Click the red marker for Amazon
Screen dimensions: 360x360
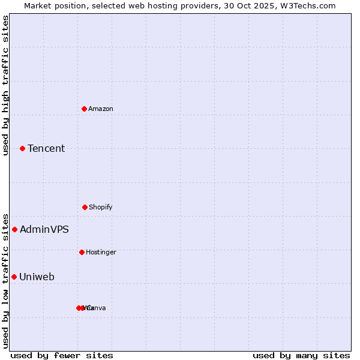coord(84,109)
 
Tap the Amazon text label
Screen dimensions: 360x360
coord(101,109)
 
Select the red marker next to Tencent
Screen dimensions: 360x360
coord(22,148)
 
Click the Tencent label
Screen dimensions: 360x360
coord(46,148)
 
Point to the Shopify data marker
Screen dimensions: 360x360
coord(85,207)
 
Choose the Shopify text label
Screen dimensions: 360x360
coord(101,207)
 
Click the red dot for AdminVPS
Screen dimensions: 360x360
coord(14,229)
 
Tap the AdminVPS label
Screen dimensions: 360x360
coord(44,229)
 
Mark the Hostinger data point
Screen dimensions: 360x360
coord(82,252)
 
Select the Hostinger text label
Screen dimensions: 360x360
coord(101,252)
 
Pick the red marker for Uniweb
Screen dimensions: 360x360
coord(14,277)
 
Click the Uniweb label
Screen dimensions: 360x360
coord(37,277)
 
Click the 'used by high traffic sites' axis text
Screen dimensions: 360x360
coord(6,85)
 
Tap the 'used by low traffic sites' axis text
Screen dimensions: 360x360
coord(6,280)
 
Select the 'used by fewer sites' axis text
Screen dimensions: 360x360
coord(62,355)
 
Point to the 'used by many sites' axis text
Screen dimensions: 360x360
coord(301,355)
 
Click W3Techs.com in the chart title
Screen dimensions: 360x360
coord(310,5)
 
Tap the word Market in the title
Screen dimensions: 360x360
coord(39,5)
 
